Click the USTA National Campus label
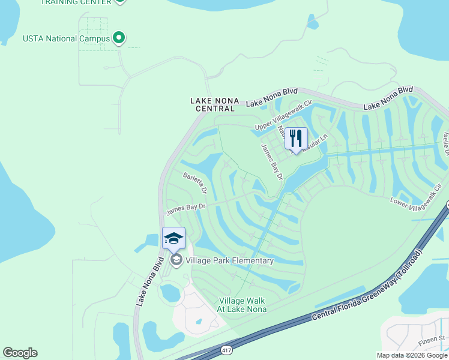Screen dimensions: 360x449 66,39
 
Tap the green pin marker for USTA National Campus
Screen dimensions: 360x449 119,38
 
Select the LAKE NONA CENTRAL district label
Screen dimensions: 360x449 214,104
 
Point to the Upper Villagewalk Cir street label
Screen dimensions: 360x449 285,116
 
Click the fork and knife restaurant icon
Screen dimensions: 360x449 295,139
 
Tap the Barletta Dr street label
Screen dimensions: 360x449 195,182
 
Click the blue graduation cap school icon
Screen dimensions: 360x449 173,238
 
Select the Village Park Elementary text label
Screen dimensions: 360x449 229,260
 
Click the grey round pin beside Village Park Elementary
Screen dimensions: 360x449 176,260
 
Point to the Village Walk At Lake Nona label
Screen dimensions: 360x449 242,305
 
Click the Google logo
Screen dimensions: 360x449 20,353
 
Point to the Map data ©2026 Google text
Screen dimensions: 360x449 412,355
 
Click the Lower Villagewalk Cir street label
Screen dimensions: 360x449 415,196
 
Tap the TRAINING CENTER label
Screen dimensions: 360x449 76,2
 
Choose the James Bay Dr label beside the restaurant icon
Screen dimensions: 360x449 272,161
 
